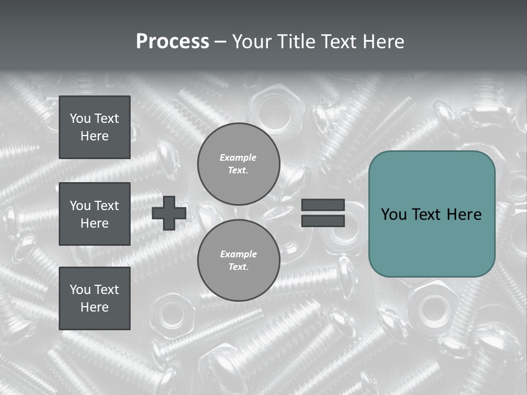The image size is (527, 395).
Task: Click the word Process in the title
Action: point(172,42)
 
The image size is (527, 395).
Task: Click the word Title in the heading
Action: point(294,42)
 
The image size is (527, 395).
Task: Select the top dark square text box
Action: point(94,127)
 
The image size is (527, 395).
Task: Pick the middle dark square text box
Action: point(94,214)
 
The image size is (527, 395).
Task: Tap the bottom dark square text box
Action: point(94,298)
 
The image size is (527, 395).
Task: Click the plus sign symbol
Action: point(169,213)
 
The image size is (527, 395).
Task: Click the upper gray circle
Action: point(238,164)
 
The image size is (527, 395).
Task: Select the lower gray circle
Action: point(238,261)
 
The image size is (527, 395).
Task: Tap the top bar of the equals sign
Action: point(323,205)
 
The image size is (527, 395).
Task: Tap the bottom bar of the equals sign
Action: point(323,221)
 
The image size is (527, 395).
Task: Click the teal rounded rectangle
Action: point(431,214)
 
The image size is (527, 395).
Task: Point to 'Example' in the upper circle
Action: point(238,157)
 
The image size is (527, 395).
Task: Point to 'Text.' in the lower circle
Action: point(238,267)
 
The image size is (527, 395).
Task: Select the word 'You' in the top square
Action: point(80,119)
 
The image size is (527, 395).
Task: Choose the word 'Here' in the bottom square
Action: point(94,307)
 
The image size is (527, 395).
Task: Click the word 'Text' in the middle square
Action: point(107,206)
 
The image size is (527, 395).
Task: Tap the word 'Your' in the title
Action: point(253,42)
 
